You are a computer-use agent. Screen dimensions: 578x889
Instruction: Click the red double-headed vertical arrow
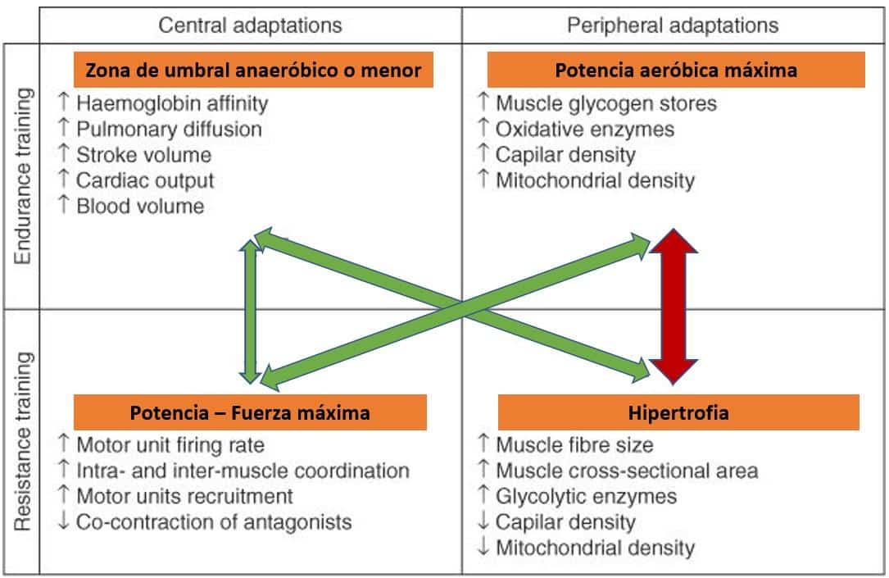(x=674, y=307)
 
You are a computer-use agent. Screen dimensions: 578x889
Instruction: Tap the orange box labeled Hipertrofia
(x=678, y=412)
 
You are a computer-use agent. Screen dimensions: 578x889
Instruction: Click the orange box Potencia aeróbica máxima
(x=675, y=71)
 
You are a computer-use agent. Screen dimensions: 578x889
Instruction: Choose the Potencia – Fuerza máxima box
(x=250, y=412)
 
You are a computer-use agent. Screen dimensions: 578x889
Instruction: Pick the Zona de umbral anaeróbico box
(x=253, y=71)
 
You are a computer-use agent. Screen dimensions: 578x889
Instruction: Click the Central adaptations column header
(x=250, y=25)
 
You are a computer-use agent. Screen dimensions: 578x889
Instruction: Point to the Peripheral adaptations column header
(x=673, y=25)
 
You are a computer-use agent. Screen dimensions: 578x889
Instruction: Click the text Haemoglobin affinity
(x=172, y=104)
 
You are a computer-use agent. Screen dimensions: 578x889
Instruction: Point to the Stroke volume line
(x=143, y=155)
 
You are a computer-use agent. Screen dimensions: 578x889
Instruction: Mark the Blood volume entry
(x=140, y=206)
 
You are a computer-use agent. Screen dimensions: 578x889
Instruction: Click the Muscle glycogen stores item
(x=606, y=104)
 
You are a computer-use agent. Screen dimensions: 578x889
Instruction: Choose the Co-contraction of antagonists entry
(x=214, y=521)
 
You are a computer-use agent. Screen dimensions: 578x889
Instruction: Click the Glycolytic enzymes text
(x=586, y=496)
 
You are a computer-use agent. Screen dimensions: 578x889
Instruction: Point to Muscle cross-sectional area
(x=627, y=471)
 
